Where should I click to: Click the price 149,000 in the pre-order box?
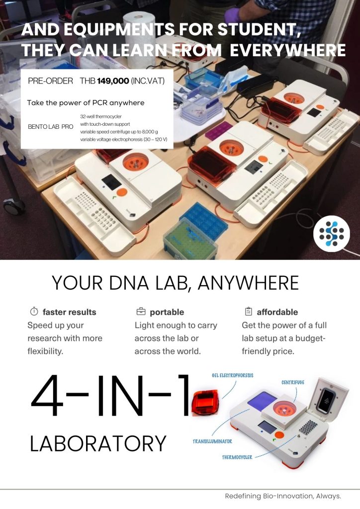[x=113, y=81]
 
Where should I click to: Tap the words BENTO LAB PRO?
[x=51, y=127]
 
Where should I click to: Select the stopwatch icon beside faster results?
[x=34, y=312]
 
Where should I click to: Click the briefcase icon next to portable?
[x=141, y=312]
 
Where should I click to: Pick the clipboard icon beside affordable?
[x=248, y=312]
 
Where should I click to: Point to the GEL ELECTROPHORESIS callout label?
[x=232, y=376]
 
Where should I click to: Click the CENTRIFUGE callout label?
[x=293, y=382]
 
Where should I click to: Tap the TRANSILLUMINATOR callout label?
[x=212, y=441]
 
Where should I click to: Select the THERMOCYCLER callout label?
[x=237, y=457]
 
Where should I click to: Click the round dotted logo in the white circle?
[x=332, y=234]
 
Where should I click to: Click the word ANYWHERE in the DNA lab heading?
[x=248, y=283]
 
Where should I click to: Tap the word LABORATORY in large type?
[x=98, y=443]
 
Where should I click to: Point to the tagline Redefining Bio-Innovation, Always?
[x=283, y=496]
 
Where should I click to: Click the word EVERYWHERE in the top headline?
[x=287, y=50]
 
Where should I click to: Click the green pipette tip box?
[x=190, y=239]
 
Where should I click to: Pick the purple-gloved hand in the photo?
[x=233, y=15]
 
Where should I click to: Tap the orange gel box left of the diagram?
[x=205, y=403]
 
